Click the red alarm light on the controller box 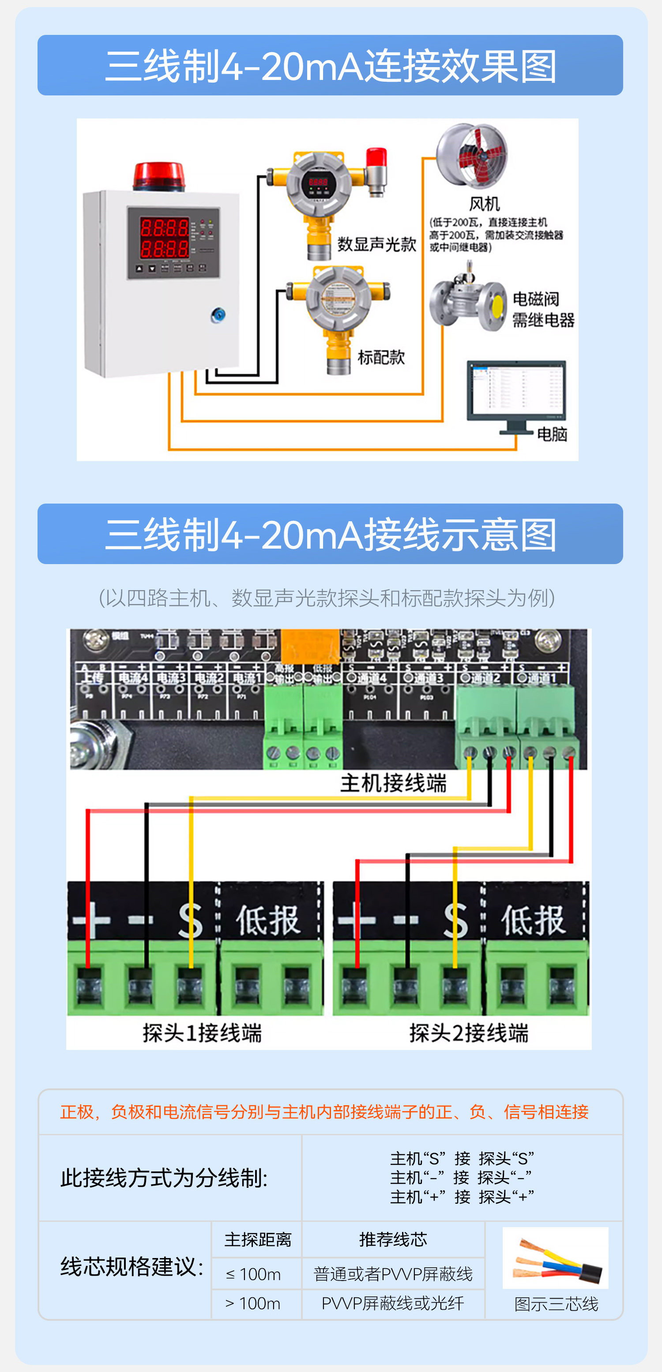158,176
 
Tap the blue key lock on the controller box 218,315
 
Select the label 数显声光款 376,244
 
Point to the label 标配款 381,357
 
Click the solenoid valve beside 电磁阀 468,300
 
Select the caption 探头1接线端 202,1033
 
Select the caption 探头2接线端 468,1033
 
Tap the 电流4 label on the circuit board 133,678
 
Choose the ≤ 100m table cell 253,1274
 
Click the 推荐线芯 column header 393,1240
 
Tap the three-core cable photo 555,1258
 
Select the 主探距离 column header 258,1240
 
